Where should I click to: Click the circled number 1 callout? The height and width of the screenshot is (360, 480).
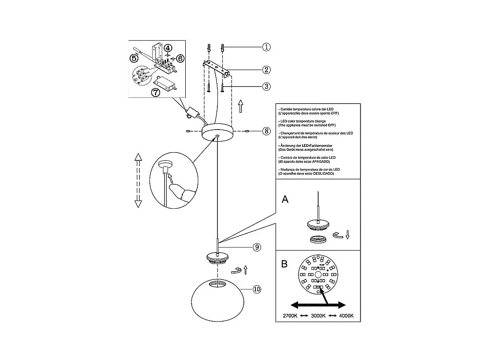267,47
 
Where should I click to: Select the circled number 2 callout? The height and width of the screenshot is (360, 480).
267,69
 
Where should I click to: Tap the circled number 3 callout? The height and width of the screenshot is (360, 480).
267,86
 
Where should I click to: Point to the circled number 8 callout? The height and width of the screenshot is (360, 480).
267,131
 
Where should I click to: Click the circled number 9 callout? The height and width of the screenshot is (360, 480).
257,247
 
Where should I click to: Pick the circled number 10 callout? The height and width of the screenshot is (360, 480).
257,289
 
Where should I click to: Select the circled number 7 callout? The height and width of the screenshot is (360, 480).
156,93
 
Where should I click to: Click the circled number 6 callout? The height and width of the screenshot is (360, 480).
180,58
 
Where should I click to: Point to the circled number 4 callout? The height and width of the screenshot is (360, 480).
168,48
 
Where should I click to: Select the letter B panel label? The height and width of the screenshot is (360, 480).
285,264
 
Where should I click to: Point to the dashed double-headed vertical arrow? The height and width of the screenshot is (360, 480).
138,180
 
